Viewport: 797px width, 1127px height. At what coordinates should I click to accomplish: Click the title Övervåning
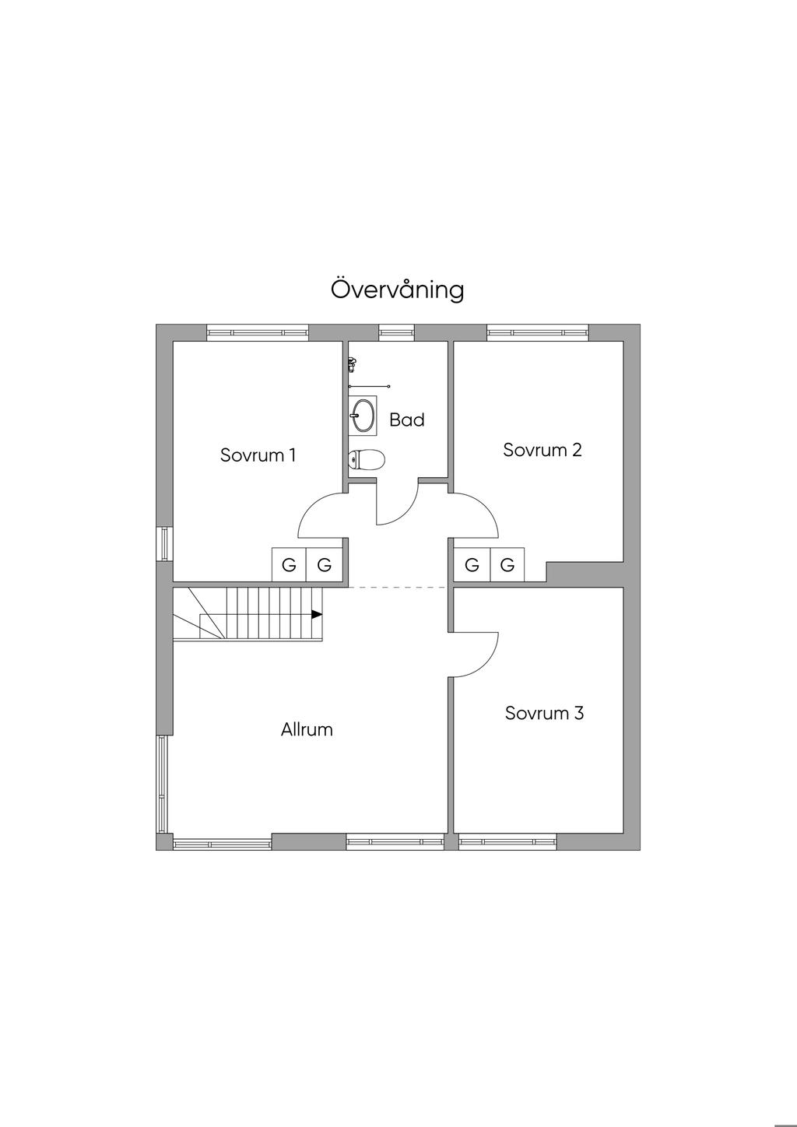pyautogui.click(x=398, y=290)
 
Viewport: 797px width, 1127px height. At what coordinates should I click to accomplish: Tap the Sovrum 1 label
pyautogui.click(x=258, y=455)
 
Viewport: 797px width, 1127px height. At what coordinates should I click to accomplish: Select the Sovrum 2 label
pyautogui.click(x=542, y=450)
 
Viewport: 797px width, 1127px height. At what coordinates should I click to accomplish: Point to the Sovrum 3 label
pyautogui.click(x=544, y=713)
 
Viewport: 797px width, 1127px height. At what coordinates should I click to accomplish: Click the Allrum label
pyautogui.click(x=307, y=730)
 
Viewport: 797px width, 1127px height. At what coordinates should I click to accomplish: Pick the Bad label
pyautogui.click(x=407, y=420)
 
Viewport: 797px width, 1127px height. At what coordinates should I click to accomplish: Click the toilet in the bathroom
pyautogui.click(x=366, y=460)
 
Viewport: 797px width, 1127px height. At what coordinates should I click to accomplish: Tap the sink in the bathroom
pyautogui.click(x=362, y=414)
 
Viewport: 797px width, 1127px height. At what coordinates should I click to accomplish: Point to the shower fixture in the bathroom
pyautogui.click(x=353, y=363)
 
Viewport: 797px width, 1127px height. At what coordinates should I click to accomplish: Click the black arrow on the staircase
pyautogui.click(x=316, y=614)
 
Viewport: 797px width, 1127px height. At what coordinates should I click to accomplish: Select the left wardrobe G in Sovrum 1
pyautogui.click(x=289, y=565)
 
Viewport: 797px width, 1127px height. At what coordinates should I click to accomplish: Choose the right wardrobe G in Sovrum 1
pyautogui.click(x=325, y=565)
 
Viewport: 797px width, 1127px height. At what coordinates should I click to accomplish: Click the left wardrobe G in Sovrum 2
pyautogui.click(x=472, y=565)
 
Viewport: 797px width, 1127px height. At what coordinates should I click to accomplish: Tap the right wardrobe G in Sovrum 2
pyautogui.click(x=507, y=565)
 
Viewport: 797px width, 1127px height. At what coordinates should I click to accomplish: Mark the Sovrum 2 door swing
pyautogui.click(x=476, y=514)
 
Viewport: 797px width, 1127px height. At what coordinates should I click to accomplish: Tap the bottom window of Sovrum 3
pyautogui.click(x=507, y=841)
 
